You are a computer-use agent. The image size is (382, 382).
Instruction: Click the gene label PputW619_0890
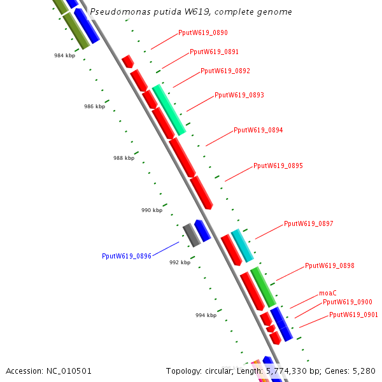tap(203, 32)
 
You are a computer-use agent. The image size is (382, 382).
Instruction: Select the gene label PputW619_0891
tap(215, 52)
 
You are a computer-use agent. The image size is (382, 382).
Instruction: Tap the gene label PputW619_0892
tap(225, 71)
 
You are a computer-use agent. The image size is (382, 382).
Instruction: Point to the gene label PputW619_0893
tap(239, 95)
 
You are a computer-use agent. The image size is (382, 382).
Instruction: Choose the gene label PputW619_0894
tap(258, 131)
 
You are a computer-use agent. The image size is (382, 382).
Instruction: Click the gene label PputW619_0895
tap(278, 166)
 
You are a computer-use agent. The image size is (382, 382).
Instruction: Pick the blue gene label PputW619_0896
tap(127, 256)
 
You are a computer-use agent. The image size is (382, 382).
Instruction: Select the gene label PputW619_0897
tap(309, 224)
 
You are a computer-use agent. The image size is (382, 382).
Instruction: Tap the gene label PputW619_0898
tap(330, 266)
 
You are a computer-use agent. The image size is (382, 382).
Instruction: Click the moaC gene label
tap(328, 294)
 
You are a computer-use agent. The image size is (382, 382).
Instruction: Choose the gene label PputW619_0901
tap(353, 315)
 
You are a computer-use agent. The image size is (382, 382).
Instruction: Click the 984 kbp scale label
tap(64, 56)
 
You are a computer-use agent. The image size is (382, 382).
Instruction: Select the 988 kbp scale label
tap(124, 158)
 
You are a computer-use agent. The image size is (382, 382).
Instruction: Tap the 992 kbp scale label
tap(180, 262)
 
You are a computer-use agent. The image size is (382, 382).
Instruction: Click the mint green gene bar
tap(169, 110)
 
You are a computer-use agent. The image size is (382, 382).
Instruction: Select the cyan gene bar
tap(242, 246)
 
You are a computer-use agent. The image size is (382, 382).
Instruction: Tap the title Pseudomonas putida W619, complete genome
tap(191, 12)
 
